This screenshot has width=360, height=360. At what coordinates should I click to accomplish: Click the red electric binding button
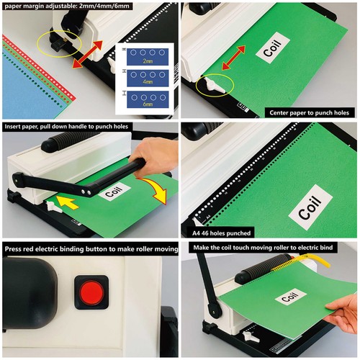(91, 293)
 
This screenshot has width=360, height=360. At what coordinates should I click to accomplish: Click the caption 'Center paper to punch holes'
(310, 112)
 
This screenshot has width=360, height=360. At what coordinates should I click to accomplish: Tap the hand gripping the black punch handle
(150, 152)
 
